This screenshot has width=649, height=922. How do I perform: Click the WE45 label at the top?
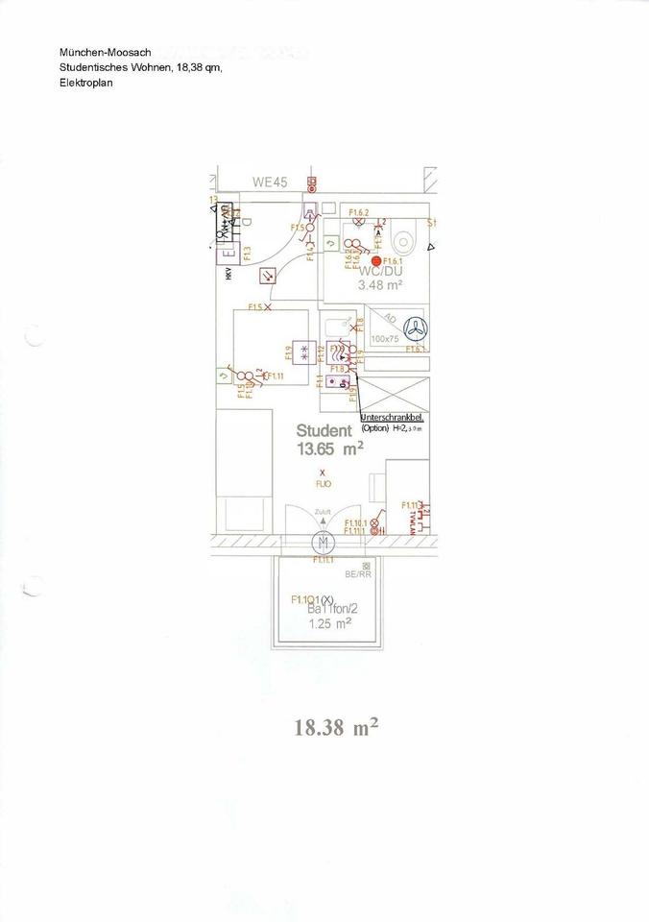coord(270,182)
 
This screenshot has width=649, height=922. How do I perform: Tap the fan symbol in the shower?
coord(413,328)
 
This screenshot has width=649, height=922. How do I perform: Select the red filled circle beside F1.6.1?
coord(375,260)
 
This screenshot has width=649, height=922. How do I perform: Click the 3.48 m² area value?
coord(380,285)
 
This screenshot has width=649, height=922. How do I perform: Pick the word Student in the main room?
coord(324,430)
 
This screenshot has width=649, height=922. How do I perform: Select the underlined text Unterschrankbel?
coord(392,418)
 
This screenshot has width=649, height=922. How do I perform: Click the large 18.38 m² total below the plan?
coord(336,728)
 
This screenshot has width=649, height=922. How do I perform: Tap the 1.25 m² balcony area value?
coord(329,622)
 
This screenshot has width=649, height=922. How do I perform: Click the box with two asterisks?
coord(305,351)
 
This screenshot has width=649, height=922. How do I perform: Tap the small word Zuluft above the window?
coord(323,514)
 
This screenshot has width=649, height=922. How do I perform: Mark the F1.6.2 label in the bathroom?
coord(359,211)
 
